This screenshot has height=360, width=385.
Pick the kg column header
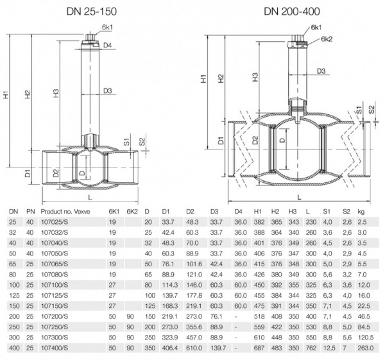pyautogui.click(x=363, y=211)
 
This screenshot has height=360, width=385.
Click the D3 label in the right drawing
pyautogui.click(x=321, y=71)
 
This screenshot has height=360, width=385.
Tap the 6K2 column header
pyautogui.click(x=132, y=211)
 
